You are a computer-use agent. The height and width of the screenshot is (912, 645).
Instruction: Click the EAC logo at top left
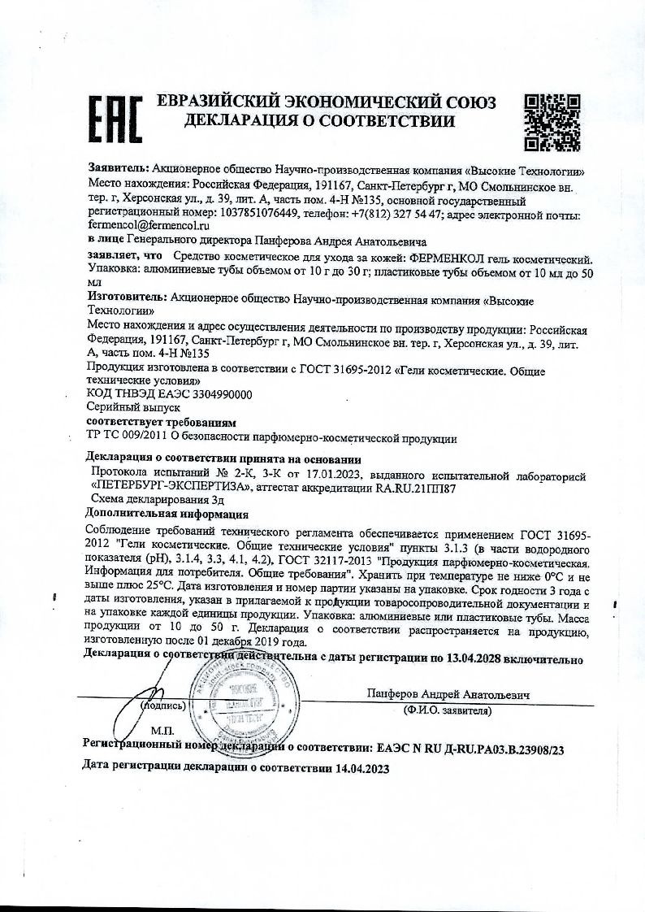(x=115, y=119)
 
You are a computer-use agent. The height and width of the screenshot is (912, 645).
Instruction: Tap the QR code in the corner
(x=552, y=123)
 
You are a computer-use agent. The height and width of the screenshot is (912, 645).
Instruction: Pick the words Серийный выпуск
(x=124, y=409)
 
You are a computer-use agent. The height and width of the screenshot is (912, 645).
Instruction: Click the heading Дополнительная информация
(x=167, y=514)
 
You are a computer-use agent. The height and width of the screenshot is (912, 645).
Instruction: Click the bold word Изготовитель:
(x=126, y=298)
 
